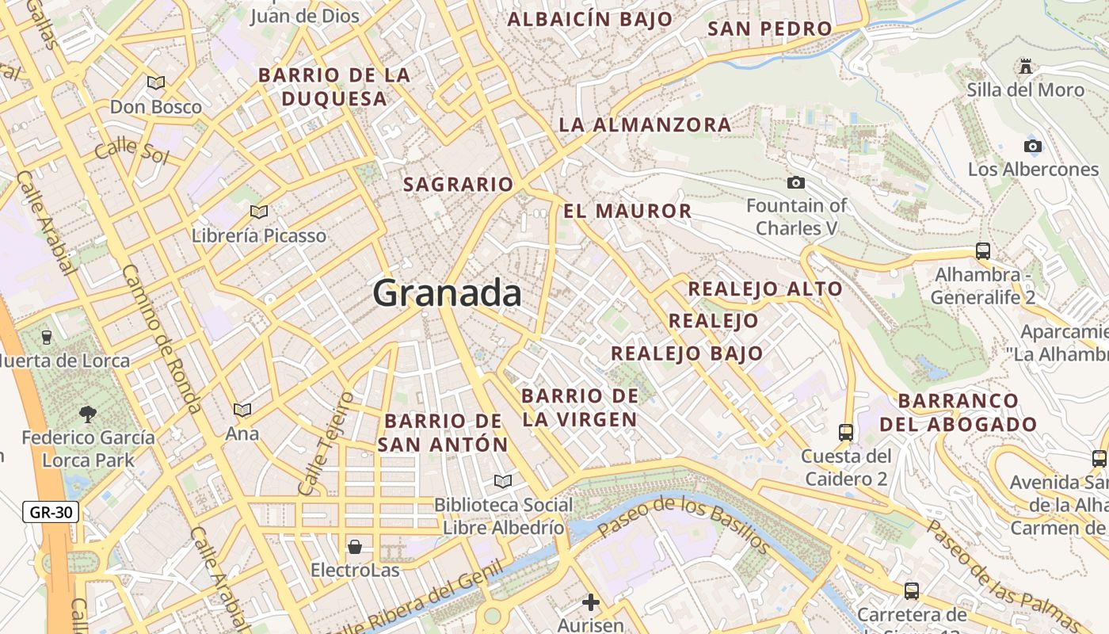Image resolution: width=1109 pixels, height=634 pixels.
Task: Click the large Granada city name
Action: (447, 293)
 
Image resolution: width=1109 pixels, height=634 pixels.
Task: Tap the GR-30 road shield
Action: (51, 512)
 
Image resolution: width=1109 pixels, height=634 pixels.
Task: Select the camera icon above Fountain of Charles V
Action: (796, 183)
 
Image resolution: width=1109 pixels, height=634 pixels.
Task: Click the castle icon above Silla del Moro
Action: (1026, 66)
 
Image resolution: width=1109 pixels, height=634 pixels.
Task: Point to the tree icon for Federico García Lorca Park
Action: (88, 414)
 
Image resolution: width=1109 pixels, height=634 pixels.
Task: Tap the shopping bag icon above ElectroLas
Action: (355, 547)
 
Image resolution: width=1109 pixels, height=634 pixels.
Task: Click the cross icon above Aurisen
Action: (591, 602)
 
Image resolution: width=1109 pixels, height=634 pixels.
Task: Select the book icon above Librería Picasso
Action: (259, 212)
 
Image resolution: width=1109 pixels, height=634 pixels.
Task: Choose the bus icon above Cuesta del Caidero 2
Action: (846, 433)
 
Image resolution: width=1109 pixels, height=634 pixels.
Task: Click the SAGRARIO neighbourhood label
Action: (459, 185)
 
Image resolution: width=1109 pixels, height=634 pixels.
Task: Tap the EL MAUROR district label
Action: (627, 212)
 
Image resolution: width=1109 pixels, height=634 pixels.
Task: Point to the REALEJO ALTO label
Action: (764, 289)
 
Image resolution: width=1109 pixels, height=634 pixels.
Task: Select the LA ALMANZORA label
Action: (645, 125)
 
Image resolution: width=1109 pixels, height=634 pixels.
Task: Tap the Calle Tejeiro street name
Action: (324, 444)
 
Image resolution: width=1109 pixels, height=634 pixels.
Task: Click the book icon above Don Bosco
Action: (156, 82)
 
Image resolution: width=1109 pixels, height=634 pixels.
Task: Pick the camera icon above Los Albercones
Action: (1033, 146)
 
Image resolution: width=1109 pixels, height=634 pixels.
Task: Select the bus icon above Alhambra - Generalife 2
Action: (983, 251)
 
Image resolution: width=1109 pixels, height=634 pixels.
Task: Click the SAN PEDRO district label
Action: (770, 29)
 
